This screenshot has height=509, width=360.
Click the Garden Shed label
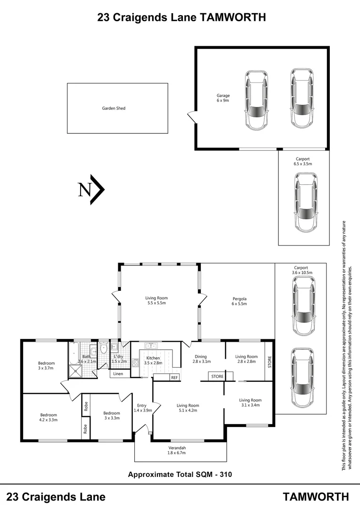[114, 108]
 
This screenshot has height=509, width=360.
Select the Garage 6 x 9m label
[223, 98]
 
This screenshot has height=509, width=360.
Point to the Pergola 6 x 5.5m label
[239, 302]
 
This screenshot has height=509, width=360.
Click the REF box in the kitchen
[174, 378]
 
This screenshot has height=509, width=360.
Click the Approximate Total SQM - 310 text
[180, 474]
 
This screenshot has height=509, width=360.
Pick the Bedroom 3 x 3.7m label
[46, 366]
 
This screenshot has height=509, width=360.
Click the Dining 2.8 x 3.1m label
[201, 359]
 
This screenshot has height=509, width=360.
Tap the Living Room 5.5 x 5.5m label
[156, 300]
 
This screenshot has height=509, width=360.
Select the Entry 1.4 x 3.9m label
[142, 408]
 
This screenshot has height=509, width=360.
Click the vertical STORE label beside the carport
[269, 361]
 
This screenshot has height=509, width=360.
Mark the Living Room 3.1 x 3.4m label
[250, 402]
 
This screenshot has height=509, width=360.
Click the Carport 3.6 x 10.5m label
[302, 270]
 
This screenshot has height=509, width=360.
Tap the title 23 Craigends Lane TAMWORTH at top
[181, 17]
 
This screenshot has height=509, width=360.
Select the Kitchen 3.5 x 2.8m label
[153, 361]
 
